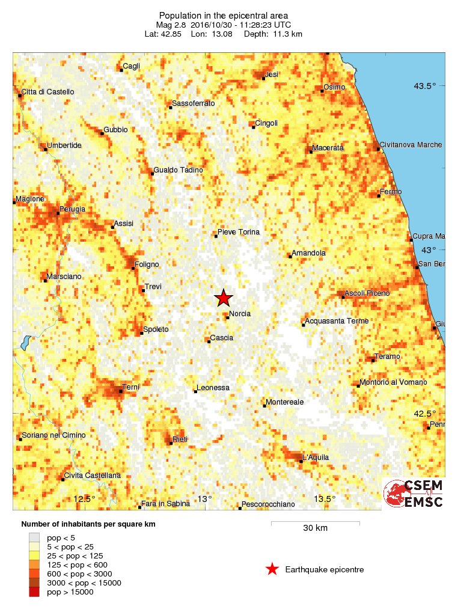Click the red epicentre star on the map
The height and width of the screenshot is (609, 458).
point(224,298)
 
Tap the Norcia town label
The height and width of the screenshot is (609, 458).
point(240,313)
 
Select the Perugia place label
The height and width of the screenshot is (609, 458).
point(72,209)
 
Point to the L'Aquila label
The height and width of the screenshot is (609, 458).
point(316,458)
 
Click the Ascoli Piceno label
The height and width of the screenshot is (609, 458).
point(367,293)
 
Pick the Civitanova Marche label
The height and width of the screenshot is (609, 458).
point(411,145)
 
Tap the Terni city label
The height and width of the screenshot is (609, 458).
point(130,387)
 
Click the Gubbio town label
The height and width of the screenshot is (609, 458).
point(115,129)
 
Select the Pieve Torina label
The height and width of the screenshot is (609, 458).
point(239,232)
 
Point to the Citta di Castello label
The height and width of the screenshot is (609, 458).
point(48,92)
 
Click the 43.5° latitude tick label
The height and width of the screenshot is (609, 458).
point(424,85)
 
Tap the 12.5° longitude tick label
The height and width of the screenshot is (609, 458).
point(84,498)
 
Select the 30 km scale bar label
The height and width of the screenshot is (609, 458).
point(315,528)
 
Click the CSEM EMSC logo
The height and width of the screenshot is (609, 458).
point(414,494)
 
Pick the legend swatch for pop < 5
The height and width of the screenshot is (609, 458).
point(34,537)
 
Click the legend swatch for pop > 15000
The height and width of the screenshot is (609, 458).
point(34,592)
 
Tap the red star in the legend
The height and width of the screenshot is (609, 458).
point(272,569)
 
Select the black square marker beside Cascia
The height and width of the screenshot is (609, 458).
point(209,341)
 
